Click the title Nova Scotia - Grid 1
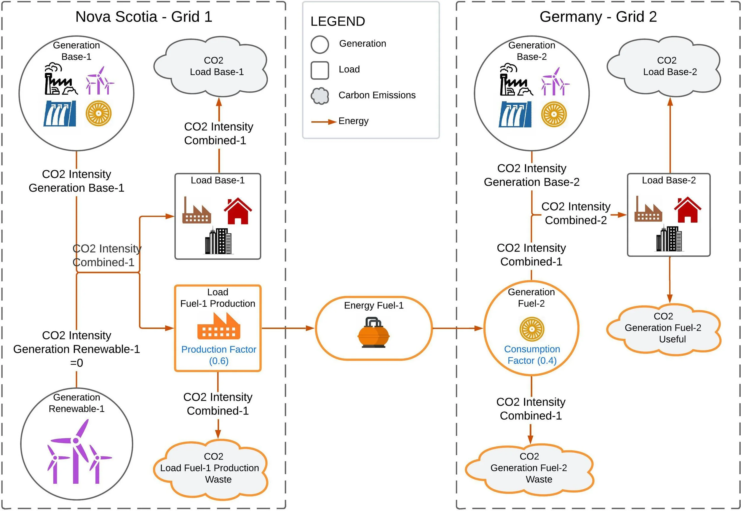click(144, 17)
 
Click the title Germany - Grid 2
click(598, 17)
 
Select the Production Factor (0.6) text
click(218, 355)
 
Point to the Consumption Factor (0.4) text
click(532, 355)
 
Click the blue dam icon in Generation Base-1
click(60, 114)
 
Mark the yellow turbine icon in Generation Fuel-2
click(532, 329)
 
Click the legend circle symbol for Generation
click(320, 44)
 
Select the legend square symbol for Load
click(320, 70)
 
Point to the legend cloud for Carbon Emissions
click(320, 96)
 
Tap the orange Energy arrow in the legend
click(323, 122)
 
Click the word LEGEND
click(338, 21)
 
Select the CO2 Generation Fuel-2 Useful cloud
click(663, 328)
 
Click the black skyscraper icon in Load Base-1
click(218, 241)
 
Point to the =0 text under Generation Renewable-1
click(76, 363)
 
